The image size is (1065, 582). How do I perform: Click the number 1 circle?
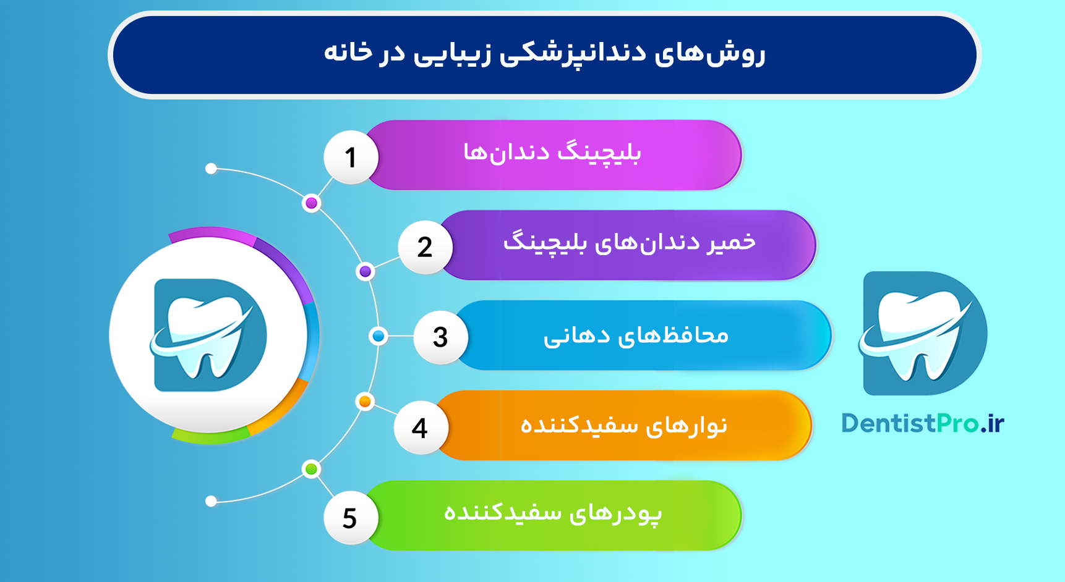[351, 157]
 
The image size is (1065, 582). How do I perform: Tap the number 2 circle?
[425, 247]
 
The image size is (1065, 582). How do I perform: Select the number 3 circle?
[440, 337]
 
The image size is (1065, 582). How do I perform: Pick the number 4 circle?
[421, 428]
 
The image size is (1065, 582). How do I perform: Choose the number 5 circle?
[350, 518]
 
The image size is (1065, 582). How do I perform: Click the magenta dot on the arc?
[312, 203]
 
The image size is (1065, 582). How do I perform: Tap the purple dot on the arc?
[366, 271]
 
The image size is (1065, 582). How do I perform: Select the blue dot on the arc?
[378, 336]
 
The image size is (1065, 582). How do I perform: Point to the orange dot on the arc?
[365, 402]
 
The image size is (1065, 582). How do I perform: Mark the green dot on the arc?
[311, 469]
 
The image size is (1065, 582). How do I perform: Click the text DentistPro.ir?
[922, 424]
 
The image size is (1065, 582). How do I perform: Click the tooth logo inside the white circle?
[209, 335]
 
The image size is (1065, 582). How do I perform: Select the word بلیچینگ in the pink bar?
[599, 153]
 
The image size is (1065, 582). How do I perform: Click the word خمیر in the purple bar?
[732, 242]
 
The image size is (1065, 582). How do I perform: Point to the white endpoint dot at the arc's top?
[211, 169]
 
